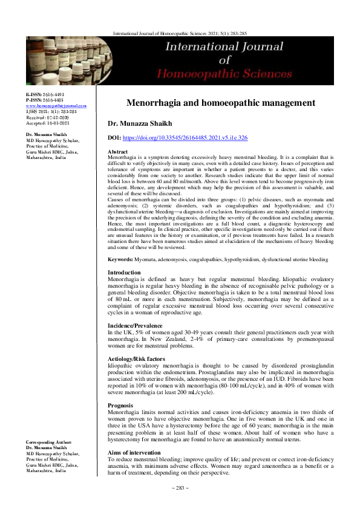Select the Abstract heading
click(x=117, y=151)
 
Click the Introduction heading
click(x=123, y=273)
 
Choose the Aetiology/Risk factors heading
click(x=136, y=359)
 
